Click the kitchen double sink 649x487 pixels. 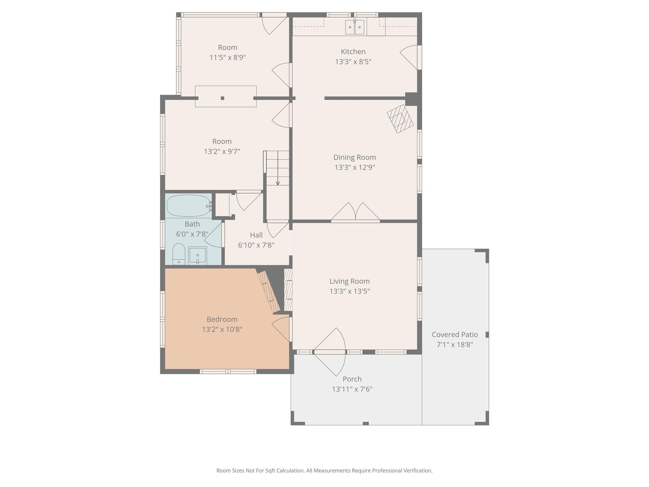coord(355,27)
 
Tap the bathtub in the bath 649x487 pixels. coord(189,205)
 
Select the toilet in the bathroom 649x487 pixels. coord(179,254)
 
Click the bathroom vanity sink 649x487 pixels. coord(197,256)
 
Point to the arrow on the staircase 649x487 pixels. coord(278,168)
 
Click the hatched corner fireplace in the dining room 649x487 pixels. coord(400,119)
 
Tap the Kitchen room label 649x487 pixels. coord(353,52)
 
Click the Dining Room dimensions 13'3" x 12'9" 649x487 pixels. coord(355,167)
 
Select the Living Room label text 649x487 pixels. coord(350,281)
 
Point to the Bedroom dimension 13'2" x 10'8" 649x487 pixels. coord(222,329)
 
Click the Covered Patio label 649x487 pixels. coord(455,334)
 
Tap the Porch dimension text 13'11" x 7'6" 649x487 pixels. coord(352,389)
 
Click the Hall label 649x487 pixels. coord(256,235)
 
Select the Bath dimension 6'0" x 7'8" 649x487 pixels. coord(192,234)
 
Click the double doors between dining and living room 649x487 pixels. coord(356,212)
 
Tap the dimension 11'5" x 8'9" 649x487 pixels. coord(228,57)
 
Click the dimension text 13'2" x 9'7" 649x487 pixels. coord(222,152)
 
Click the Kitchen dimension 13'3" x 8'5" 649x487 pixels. coord(353,62)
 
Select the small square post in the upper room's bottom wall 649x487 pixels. coord(222,98)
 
